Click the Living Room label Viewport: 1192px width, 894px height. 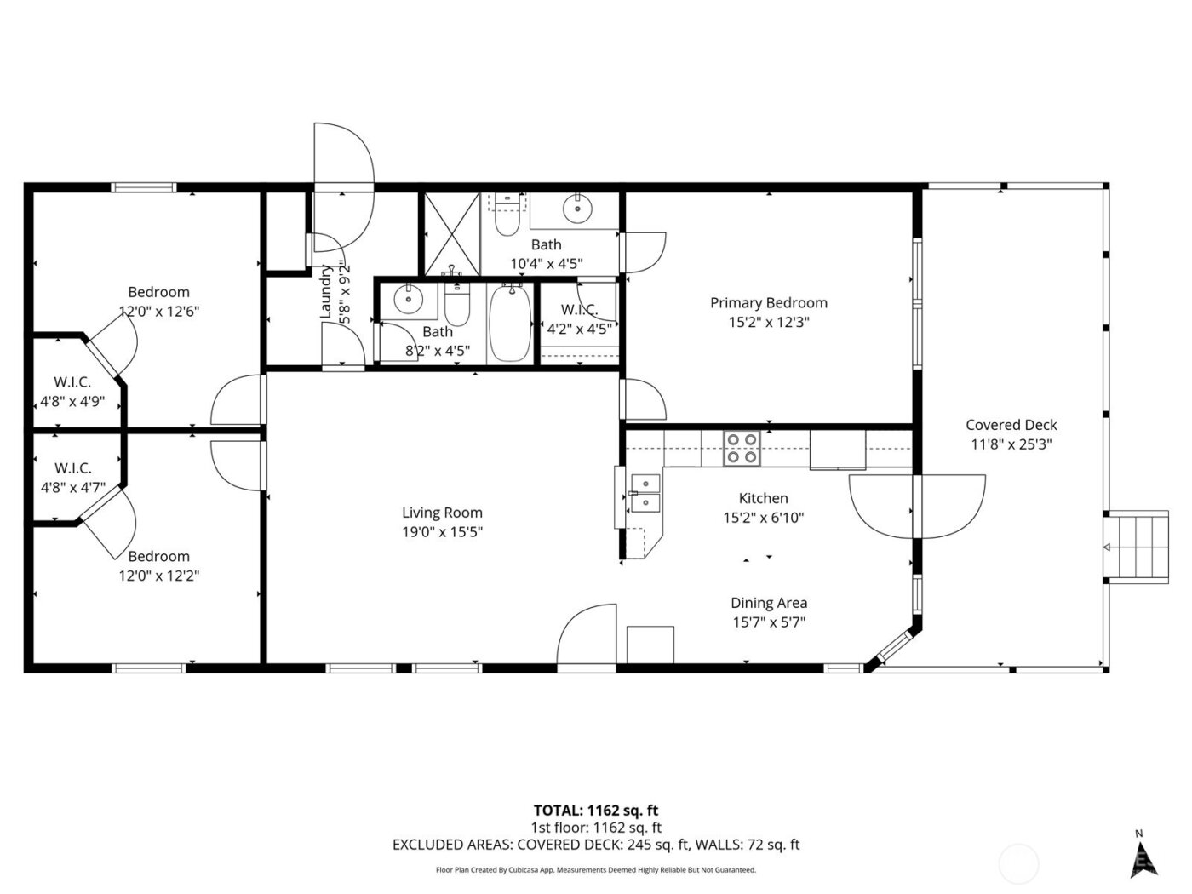pyautogui.click(x=442, y=513)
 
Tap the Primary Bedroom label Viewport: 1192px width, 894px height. pyautogui.click(x=768, y=302)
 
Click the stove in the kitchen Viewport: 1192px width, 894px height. pyautogui.click(x=741, y=448)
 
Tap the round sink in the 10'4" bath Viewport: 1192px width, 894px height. pyautogui.click(x=577, y=207)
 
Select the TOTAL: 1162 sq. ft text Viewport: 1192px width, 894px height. pyautogui.click(x=595, y=810)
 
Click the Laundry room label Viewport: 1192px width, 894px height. pyautogui.click(x=325, y=292)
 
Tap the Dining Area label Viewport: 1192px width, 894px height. pyautogui.click(x=768, y=603)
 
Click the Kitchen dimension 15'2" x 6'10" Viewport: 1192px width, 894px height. pyautogui.click(x=763, y=517)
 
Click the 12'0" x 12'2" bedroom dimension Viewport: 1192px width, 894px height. pyautogui.click(x=158, y=576)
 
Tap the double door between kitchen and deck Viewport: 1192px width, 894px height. pyautogui.click(x=915, y=507)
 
